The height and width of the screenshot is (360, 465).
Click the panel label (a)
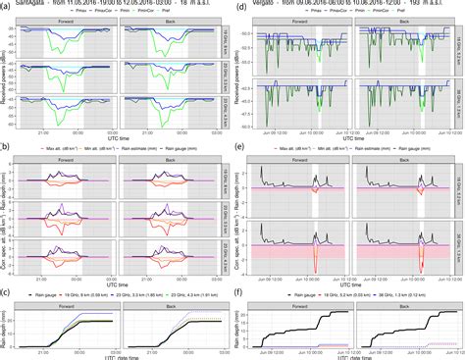point(6,7)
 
